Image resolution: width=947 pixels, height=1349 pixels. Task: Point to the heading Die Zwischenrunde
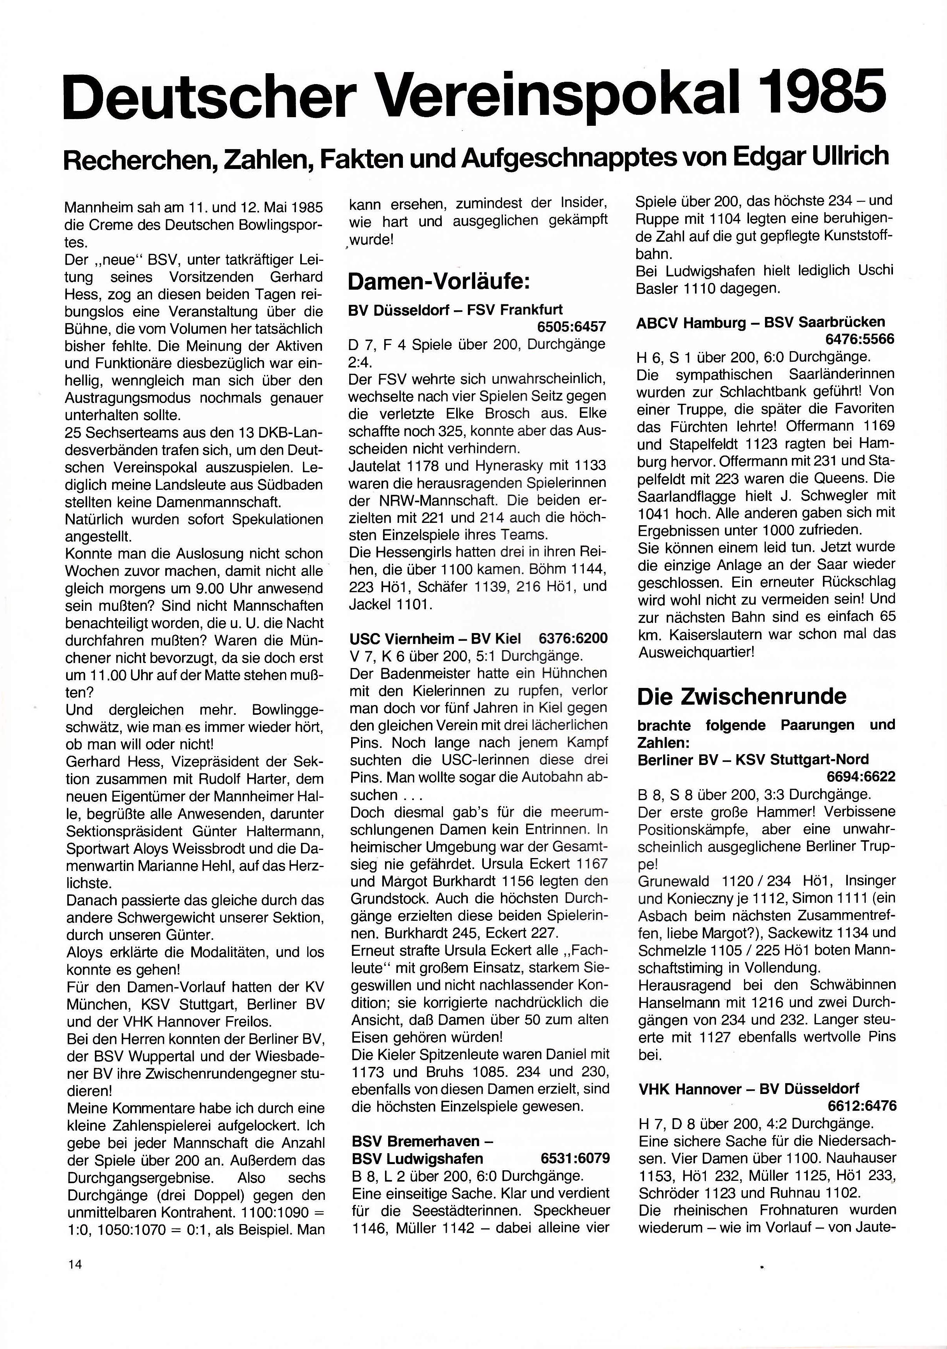tap(742, 696)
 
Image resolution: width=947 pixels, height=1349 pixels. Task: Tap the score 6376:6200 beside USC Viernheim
tap(573, 638)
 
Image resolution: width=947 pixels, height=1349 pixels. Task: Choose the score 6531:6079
tap(575, 1158)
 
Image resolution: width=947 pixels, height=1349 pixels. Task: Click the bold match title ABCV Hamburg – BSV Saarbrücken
tap(760, 322)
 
